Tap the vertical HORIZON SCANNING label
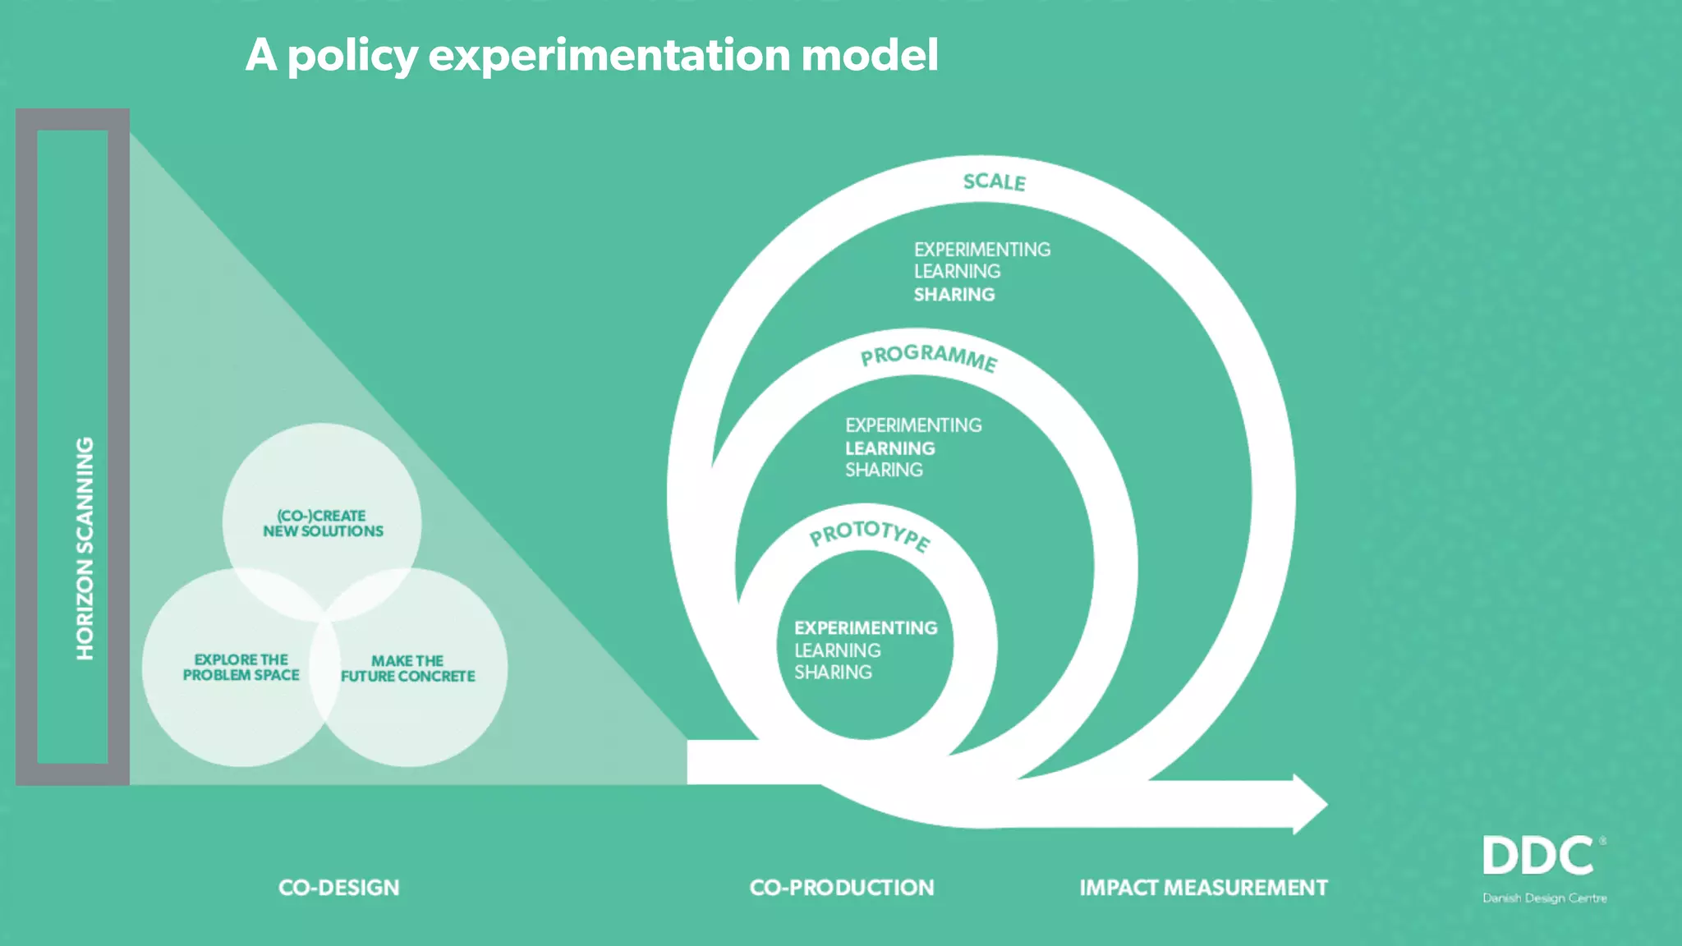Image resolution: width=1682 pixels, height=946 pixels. pos(85,548)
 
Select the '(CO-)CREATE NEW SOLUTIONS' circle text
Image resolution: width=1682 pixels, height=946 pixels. pos(323,523)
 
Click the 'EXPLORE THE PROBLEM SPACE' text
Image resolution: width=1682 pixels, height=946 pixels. pos(241,667)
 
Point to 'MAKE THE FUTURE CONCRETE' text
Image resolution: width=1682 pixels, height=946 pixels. pos(407,668)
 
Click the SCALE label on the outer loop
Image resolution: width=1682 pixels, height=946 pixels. pos(994,181)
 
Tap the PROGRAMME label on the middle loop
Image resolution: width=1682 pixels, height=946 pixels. pos(929,357)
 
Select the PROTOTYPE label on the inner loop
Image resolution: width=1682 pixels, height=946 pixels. pos(870,535)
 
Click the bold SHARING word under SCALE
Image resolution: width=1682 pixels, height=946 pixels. pos(954,294)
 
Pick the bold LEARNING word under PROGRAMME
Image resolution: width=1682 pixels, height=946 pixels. pos(890,448)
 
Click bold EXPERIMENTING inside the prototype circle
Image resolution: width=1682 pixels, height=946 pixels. pos(866,628)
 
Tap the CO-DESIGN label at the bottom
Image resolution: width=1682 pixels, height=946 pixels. pos(338,888)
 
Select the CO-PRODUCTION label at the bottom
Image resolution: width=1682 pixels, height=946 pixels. pos(842,888)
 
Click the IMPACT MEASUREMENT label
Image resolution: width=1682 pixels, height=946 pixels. pos(1203,888)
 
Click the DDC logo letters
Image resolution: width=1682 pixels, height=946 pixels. pos(1538,856)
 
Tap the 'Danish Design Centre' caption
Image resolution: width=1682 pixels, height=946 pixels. pos(1544,898)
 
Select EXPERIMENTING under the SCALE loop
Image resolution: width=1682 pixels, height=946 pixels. pos(982,250)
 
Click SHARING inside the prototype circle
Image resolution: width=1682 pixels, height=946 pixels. pos(833,673)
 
